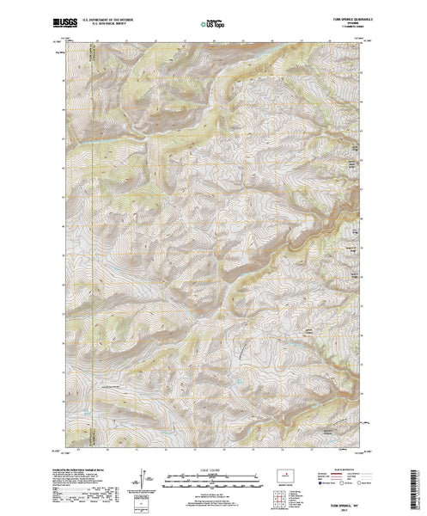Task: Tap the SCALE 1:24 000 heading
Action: (x=211, y=470)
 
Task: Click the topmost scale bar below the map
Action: (x=211, y=476)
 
